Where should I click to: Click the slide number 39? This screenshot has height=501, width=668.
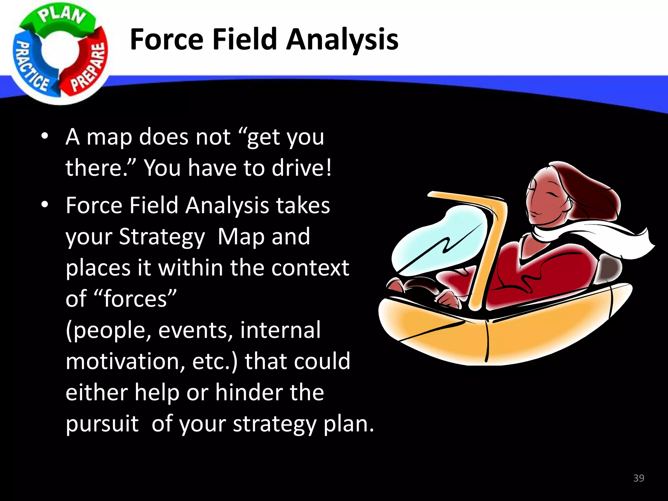coord(638,478)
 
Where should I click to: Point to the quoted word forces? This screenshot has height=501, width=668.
coord(135,299)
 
